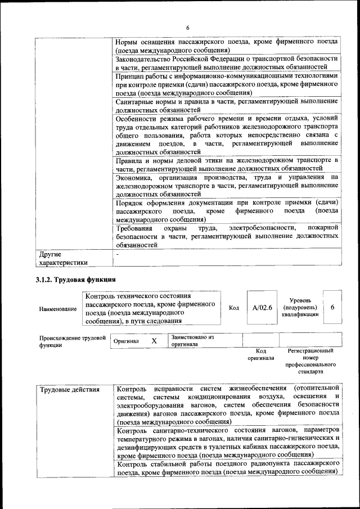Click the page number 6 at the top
(188, 28)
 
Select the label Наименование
(58, 309)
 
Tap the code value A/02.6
(262, 308)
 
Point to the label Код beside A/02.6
(234, 308)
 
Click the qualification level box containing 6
(332, 308)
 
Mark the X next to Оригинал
(154, 341)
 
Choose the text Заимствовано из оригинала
(192, 340)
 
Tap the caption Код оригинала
(260, 354)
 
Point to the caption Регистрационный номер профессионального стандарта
(310, 361)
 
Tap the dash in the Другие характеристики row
(117, 255)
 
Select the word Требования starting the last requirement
(134, 228)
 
